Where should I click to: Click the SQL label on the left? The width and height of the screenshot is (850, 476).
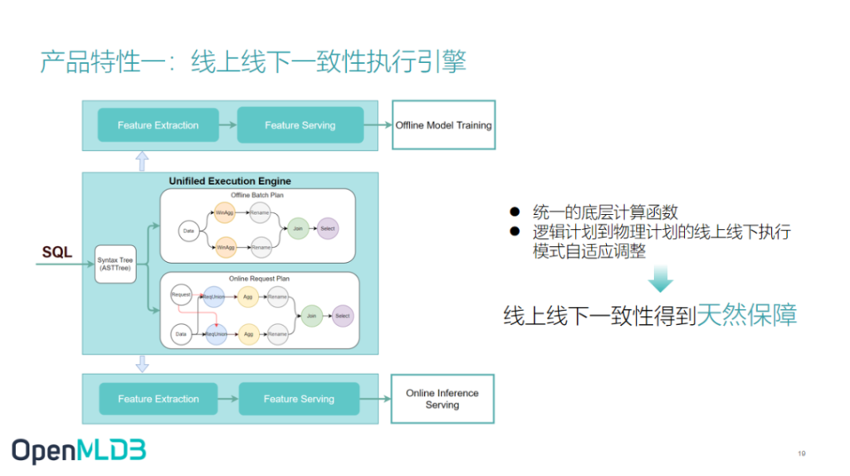(x=57, y=252)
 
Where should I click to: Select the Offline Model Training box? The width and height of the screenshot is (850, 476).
(x=443, y=125)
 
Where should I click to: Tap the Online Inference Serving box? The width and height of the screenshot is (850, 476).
(x=442, y=399)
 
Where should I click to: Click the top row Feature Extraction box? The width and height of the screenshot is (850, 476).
(x=158, y=125)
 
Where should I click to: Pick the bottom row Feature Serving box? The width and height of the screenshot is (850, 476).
(x=299, y=399)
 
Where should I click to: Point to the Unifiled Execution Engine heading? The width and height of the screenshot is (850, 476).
(x=230, y=181)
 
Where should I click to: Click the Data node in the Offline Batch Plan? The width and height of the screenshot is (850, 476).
(x=188, y=231)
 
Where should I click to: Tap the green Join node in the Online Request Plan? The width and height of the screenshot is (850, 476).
(x=311, y=316)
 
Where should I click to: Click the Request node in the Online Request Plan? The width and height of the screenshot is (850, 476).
(x=181, y=294)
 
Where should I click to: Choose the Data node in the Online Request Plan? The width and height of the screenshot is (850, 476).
(x=181, y=335)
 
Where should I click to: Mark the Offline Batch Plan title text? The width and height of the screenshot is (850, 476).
(x=257, y=195)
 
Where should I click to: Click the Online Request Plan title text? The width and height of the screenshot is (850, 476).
(x=259, y=279)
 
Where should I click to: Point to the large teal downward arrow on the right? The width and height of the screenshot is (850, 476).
(x=661, y=279)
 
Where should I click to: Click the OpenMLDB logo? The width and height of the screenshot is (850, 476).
(x=79, y=450)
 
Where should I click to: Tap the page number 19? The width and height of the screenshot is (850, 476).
(x=801, y=453)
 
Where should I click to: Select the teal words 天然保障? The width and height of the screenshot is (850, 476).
(x=746, y=315)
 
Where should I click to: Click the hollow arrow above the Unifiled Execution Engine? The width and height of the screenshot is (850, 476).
(x=142, y=161)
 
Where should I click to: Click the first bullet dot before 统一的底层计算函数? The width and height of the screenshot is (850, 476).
(x=515, y=213)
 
